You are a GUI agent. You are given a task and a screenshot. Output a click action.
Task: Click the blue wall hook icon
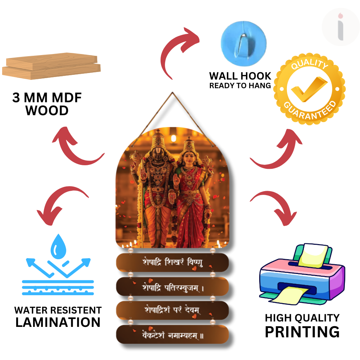(x=243, y=39)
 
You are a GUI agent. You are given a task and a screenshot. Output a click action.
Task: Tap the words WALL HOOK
(x=240, y=76)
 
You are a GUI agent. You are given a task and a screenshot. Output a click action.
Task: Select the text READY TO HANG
(x=240, y=86)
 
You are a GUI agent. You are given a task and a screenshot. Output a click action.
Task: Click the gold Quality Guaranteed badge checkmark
(x=309, y=89)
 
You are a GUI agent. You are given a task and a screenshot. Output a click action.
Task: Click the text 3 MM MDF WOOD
(x=47, y=104)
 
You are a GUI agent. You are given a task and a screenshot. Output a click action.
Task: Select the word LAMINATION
(x=58, y=322)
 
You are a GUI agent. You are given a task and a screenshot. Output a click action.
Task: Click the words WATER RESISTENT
(x=58, y=310)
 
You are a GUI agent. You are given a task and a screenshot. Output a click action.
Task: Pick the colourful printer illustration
(x=302, y=274)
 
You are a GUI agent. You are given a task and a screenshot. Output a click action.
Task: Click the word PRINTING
(x=302, y=332)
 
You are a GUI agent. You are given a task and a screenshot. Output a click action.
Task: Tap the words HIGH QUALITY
(x=302, y=318)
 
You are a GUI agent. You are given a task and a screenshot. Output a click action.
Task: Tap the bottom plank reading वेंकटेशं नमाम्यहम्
(x=172, y=336)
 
